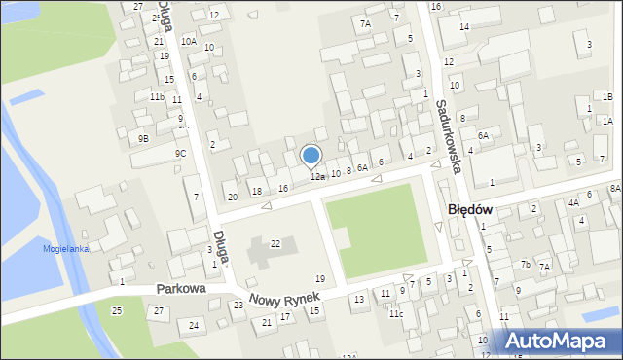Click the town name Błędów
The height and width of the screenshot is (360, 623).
click(x=469, y=209)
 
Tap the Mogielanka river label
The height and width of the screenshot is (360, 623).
click(x=65, y=249)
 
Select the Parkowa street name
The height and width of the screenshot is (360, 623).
click(x=181, y=290)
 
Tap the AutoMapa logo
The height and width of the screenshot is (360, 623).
click(x=560, y=341)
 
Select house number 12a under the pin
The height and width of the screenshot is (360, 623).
click(x=317, y=177)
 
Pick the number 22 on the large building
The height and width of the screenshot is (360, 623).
click(x=275, y=243)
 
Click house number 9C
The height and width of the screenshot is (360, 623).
click(x=180, y=154)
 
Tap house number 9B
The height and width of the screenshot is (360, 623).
click(x=143, y=138)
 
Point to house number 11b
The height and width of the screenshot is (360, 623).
click(x=156, y=97)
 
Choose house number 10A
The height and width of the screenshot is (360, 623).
click(x=188, y=41)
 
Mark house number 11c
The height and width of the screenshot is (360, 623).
click(x=396, y=314)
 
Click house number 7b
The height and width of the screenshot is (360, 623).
click(x=525, y=265)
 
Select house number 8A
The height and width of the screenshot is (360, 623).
click(x=614, y=188)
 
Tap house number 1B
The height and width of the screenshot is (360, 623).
click(x=606, y=97)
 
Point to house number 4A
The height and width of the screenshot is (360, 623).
click(x=573, y=202)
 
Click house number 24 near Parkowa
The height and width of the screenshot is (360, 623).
click(x=194, y=325)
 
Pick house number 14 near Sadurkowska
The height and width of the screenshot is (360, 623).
click(x=464, y=26)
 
